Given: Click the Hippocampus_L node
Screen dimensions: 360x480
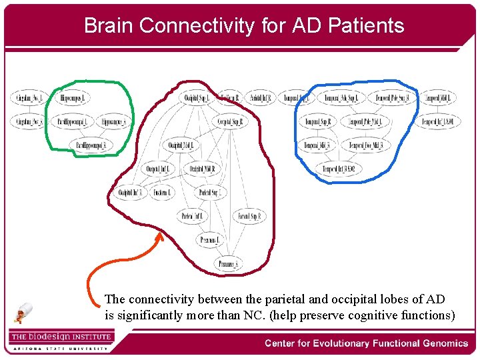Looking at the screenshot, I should pyautogui.click(x=75, y=99).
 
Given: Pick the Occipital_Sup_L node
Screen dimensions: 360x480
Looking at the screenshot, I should pyautogui.click(x=197, y=99).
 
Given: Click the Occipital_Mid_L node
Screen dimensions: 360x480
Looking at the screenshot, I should pyautogui.click(x=181, y=145).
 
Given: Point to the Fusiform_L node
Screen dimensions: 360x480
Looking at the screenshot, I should pyautogui.click(x=162, y=193).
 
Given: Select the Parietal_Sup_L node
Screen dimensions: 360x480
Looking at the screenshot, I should pyautogui.click(x=211, y=193).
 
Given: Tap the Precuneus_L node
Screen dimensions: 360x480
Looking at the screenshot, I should pyautogui.click(x=211, y=239).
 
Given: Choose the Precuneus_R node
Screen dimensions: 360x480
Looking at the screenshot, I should pyautogui.click(x=228, y=264).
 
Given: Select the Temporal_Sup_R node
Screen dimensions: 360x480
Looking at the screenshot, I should pyautogui.click(x=318, y=122).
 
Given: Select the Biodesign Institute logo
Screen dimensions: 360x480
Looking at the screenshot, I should pyautogui.click(x=60, y=339).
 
